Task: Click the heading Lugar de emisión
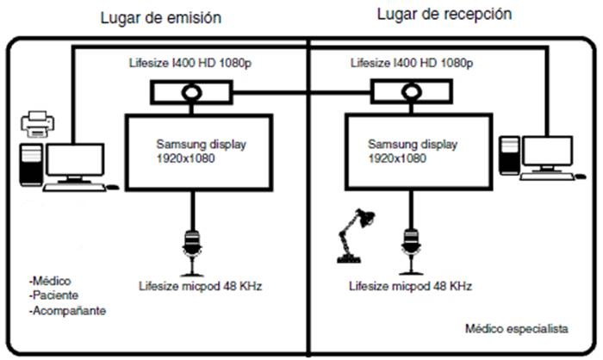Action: tap(160, 16)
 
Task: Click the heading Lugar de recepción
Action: tap(444, 14)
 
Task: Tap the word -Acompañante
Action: tap(66, 311)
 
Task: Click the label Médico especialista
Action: tap(517, 328)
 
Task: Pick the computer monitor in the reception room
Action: tap(548, 152)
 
